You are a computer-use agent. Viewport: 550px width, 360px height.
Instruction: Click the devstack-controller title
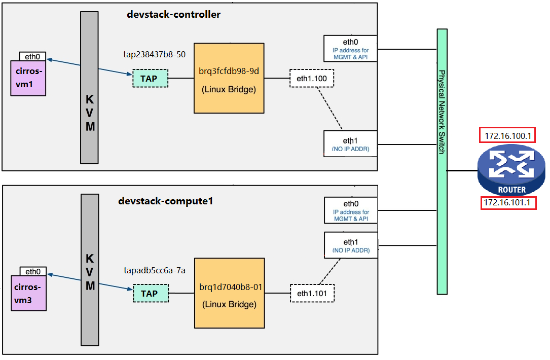(174, 14)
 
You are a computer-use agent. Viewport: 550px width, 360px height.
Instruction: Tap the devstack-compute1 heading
(166, 201)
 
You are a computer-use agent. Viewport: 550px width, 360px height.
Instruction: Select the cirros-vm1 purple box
(28, 78)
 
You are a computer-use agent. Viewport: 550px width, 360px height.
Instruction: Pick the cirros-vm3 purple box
(29, 293)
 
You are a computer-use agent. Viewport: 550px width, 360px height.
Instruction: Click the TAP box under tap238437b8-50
(150, 78)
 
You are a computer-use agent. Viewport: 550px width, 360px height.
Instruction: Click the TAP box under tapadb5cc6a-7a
(151, 294)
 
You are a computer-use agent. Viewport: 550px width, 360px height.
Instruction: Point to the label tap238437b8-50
(154, 54)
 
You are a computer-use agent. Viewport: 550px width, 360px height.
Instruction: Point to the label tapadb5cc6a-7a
(155, 271)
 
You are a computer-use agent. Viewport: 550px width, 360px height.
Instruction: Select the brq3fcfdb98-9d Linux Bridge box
(229, 78)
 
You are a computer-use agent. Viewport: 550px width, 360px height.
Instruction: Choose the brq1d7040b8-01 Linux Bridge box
(230, 294)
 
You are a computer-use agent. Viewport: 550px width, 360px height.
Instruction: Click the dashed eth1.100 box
(312, 78)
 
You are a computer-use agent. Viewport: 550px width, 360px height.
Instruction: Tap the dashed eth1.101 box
(312, 294)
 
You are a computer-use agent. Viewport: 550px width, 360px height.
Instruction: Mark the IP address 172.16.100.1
(507, 135)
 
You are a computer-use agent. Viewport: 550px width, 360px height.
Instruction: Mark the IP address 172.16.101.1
(508, 203)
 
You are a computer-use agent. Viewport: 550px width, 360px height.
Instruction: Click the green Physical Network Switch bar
(442, 161)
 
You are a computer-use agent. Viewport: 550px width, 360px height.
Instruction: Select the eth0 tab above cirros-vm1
(32, 56)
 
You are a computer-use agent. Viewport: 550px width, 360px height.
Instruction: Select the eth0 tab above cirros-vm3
(33, 271)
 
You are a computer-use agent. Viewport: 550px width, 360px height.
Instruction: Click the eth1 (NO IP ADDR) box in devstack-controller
(350, 144)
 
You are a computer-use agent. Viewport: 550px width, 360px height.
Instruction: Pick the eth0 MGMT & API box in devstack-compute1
(351, 210)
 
